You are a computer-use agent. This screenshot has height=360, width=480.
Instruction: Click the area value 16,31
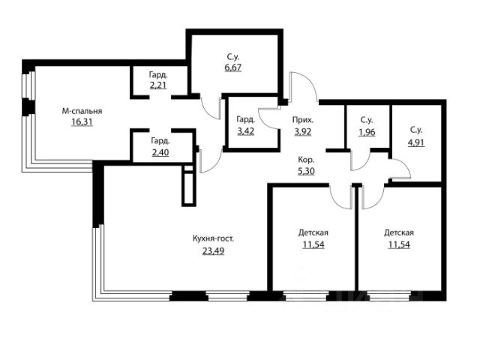(82, 122)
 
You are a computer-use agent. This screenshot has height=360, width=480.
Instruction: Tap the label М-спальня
(82, 111)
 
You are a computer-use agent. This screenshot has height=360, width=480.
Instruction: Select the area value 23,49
(213, 250)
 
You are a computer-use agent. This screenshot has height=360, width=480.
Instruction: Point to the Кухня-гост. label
(213, 238)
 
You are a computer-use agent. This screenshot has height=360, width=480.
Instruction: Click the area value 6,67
(233, 67)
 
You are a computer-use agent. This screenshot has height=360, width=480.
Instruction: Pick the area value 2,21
(158, 85)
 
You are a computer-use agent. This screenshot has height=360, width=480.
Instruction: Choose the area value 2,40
(160, 152)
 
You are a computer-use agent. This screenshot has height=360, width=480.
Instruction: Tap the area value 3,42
(246, 131)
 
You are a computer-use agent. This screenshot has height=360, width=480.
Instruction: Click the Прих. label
(303, 120)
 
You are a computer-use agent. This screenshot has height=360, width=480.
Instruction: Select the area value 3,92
(303, 132)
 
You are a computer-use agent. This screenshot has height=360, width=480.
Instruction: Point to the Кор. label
(306, 160)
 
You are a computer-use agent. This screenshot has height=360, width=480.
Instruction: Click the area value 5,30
(306, 171)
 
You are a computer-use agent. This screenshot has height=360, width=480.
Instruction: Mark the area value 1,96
(367, 132)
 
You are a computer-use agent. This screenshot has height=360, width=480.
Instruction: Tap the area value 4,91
(416, 142)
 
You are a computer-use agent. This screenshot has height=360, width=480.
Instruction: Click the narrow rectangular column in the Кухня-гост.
(189, 186)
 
